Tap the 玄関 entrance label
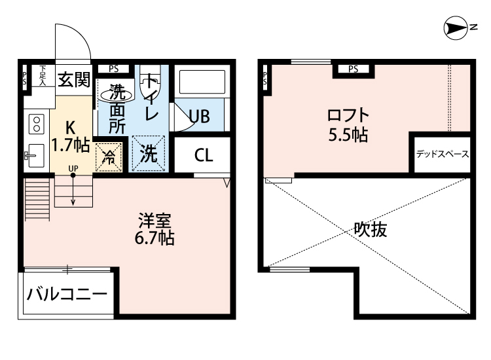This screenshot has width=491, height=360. [x=73, y=80]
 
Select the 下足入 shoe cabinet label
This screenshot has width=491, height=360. [x=43, y=75]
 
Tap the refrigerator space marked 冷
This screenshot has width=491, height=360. [x=109, y=157]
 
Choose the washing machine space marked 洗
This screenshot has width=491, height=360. [x=149, y=155]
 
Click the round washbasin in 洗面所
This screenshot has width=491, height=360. [x=117, y=94]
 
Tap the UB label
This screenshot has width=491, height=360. [x=199, y=117]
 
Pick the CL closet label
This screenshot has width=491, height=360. [x=203, y=156]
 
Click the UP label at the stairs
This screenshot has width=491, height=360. [x=73, y=169]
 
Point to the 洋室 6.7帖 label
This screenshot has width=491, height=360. [x=154, y=229]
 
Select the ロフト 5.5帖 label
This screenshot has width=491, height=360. [x=347, y=125]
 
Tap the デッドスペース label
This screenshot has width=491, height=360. [x=442, y=155]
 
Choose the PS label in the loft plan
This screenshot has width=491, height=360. [x=353, y=69]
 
